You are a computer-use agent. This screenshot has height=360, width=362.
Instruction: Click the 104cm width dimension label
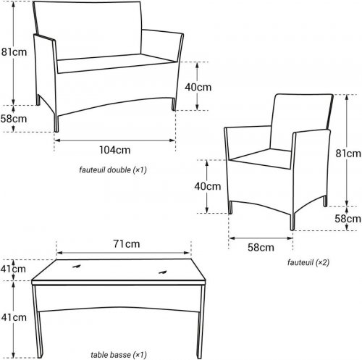coord(115,150)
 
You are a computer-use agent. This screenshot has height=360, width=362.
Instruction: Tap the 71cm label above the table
coord(127,244)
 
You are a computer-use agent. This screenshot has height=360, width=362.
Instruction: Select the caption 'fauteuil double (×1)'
coord(113,170)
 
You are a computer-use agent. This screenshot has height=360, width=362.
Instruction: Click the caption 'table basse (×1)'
coord(119,355)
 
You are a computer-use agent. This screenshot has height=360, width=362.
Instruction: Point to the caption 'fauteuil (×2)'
coord(308,262)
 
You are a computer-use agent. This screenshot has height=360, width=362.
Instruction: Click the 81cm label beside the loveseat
coord(14,52)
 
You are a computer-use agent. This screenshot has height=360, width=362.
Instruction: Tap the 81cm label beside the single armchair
coord(348,154)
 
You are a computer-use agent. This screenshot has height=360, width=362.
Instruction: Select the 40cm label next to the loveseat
coord(198,87)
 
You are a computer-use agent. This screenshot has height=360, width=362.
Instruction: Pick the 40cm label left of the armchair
coord(208,186)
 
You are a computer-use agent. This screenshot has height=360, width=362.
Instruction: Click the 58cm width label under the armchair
coord(261,248)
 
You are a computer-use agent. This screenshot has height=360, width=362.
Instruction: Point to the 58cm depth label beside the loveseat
coord(14,119)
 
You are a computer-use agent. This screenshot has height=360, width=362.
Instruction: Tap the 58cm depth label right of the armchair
coord(348,219)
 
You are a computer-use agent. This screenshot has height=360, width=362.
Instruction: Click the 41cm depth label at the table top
coord(13,269)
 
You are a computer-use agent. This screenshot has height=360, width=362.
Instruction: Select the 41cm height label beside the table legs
coord(14,317)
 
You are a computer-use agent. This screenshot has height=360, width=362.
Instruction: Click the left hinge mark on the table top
coord(77,267)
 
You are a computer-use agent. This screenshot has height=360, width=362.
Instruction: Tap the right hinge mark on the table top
coord(163,272)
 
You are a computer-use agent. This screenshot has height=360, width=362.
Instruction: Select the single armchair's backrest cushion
coord(302,122)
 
